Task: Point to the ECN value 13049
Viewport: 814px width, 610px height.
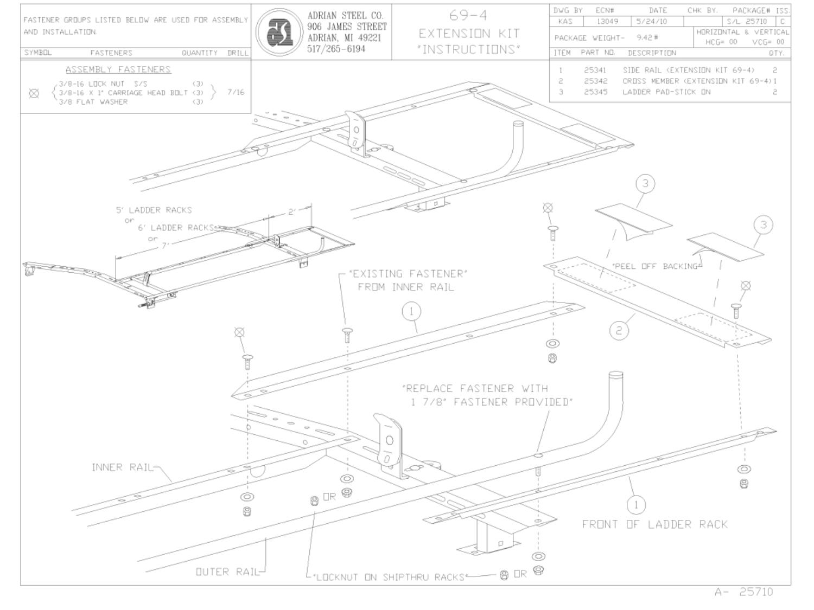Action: pos(607,22)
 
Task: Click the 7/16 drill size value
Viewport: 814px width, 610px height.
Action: pos(236,92)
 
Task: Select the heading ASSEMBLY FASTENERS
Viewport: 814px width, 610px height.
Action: pos(118,69)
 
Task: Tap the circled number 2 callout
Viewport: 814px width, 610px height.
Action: pos(620,330)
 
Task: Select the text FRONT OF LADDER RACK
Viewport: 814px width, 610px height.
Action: pos(654,524)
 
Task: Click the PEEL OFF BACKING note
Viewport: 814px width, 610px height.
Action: pos(654,266)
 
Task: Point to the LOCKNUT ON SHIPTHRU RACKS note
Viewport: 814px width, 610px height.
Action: pos(389,577)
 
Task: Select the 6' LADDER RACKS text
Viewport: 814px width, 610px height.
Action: pos(175,228)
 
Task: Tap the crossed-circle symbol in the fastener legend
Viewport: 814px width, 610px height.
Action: pos(34,93)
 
